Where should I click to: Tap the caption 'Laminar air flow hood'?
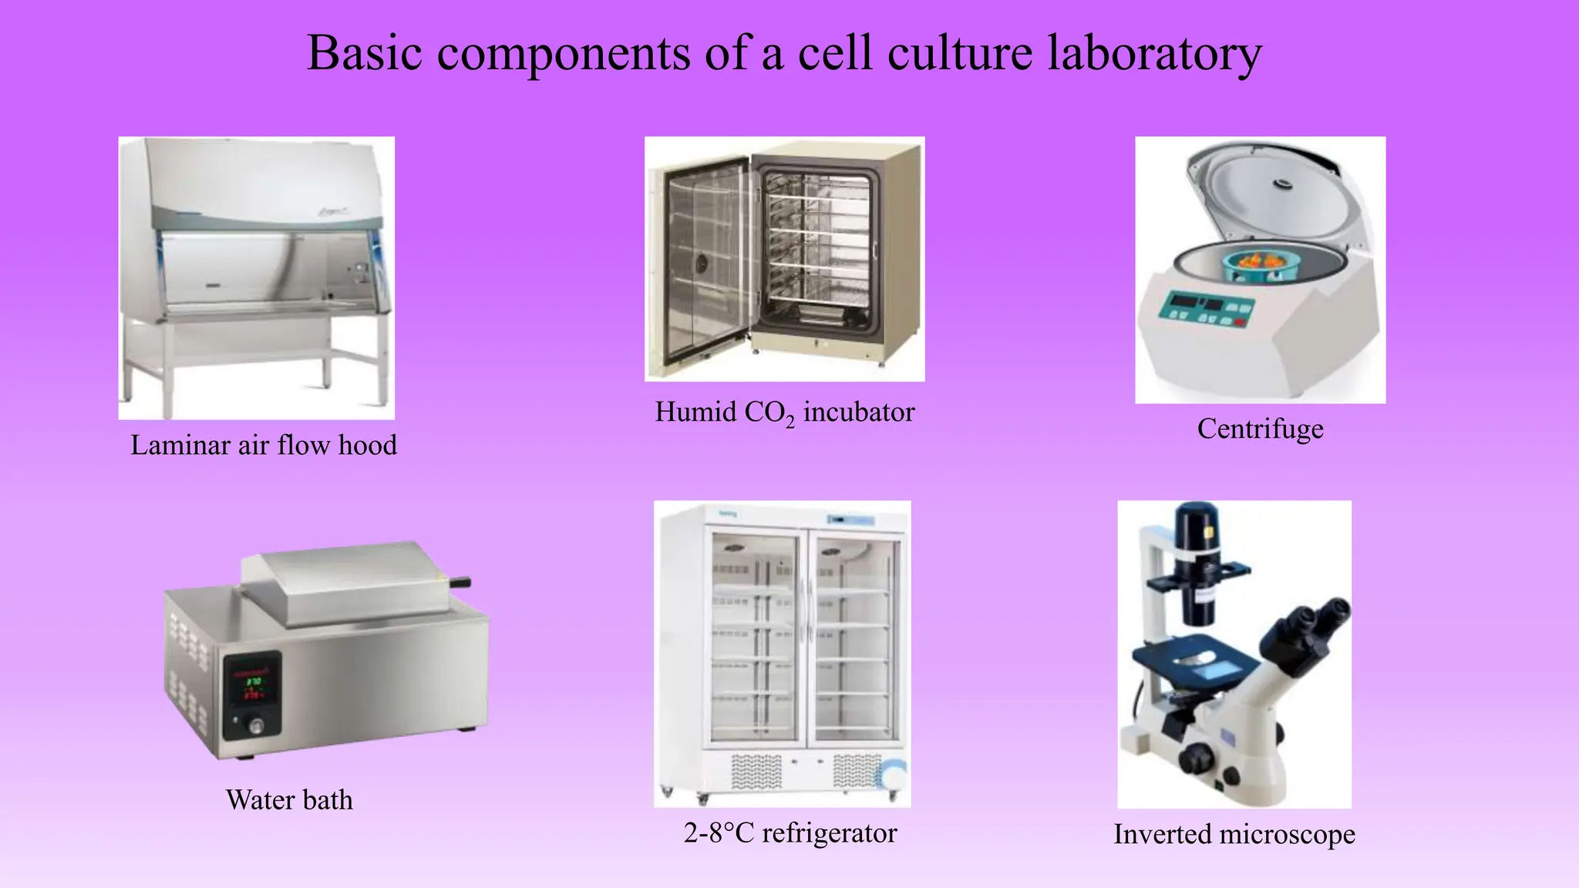coord(264,445)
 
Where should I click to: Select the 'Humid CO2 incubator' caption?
coord(784,412)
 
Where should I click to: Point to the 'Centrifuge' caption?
coord(1260,428)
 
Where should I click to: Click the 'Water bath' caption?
coord(289,799)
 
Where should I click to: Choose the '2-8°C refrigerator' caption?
coord(789,832)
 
